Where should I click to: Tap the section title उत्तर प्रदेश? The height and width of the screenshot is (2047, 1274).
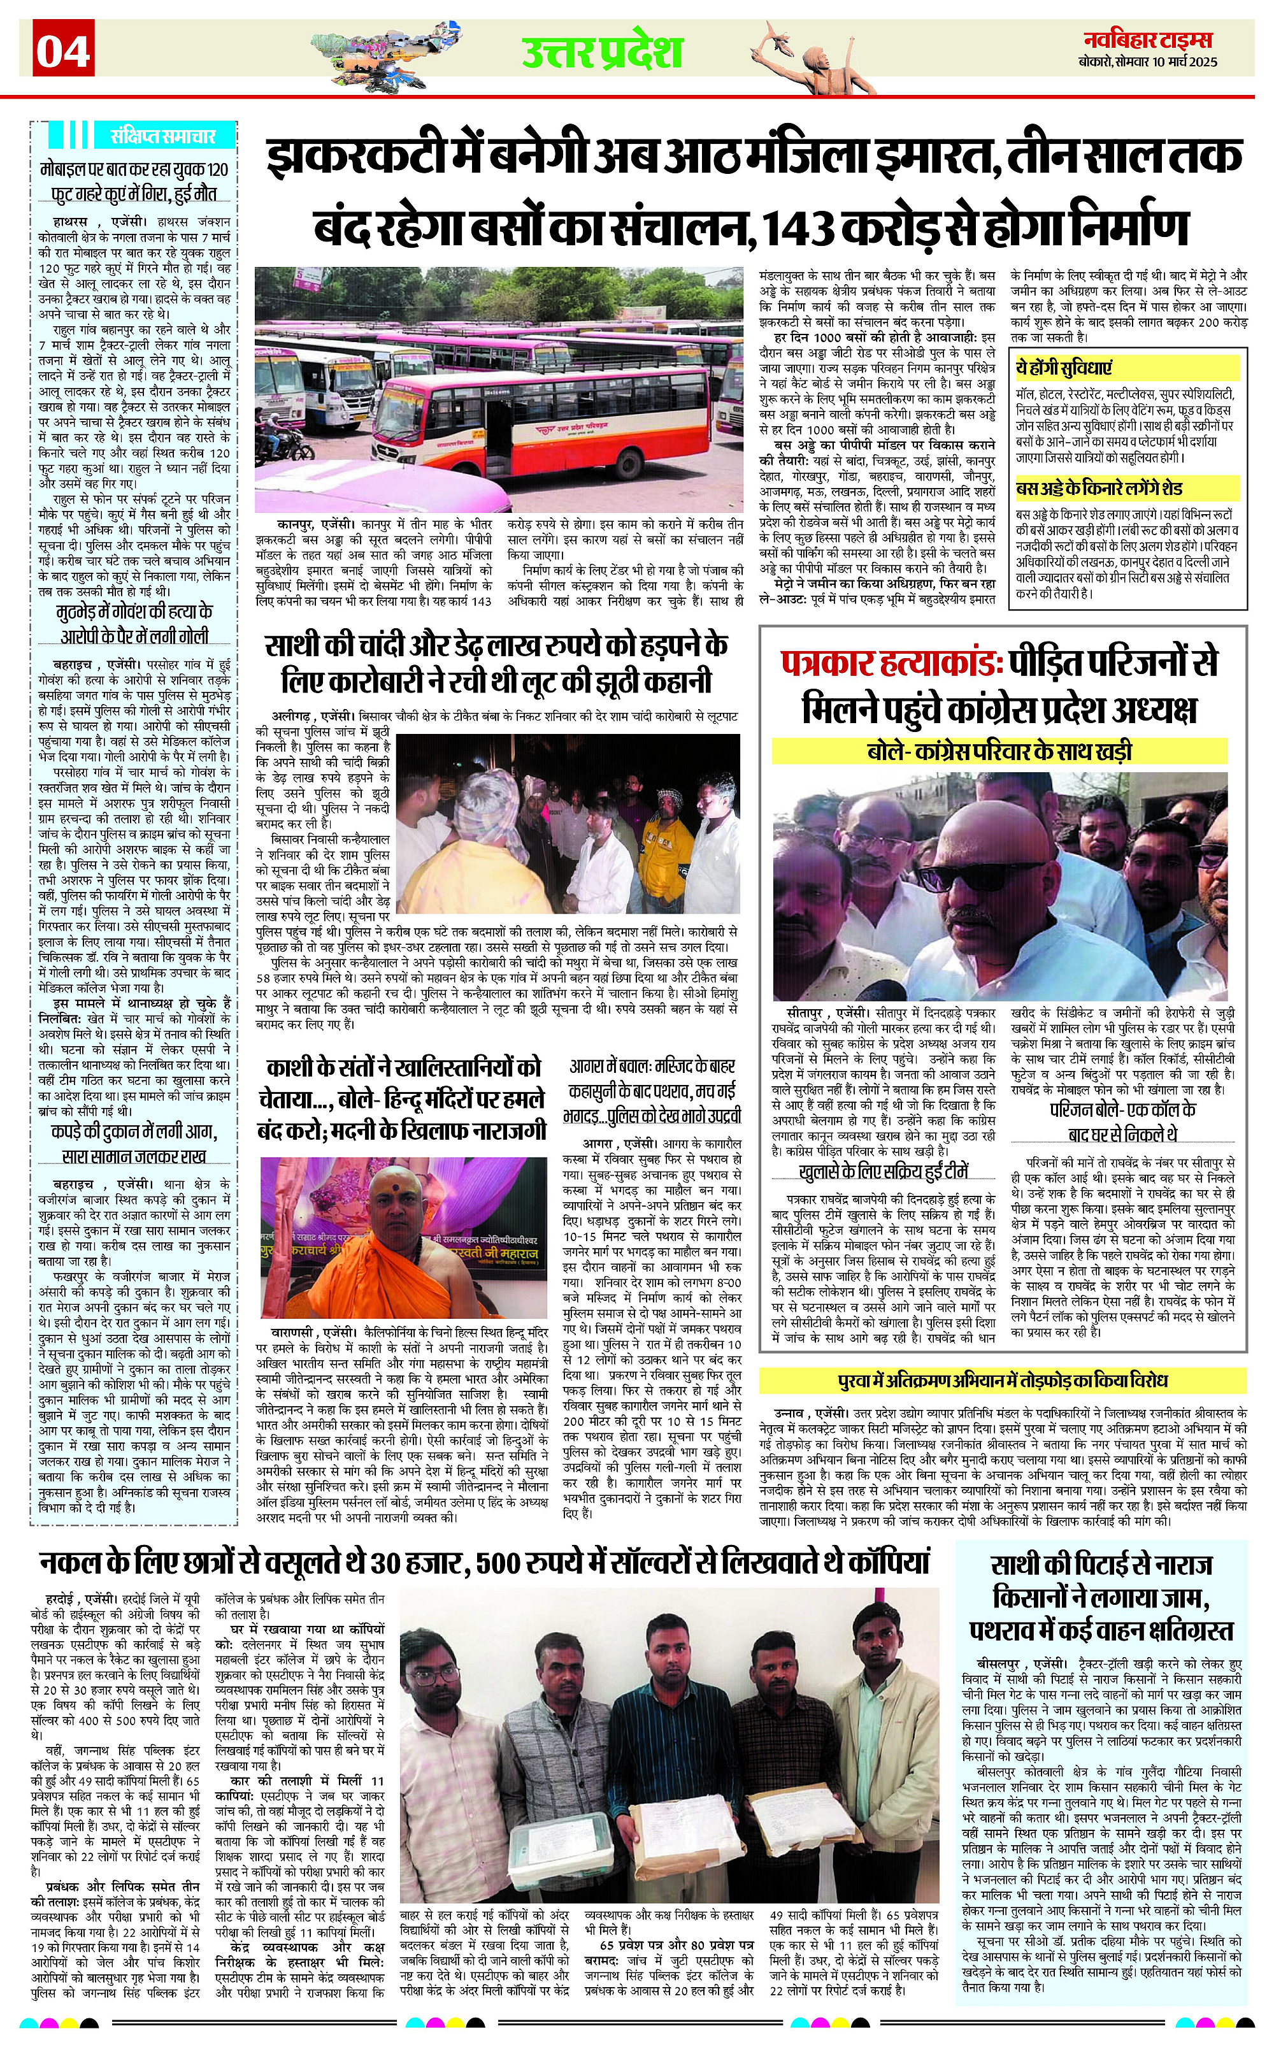pyautogui.click(x=601, y=52)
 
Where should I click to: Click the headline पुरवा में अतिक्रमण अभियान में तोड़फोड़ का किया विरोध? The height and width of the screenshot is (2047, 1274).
pyautogui.click(x=1003, y=1381)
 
